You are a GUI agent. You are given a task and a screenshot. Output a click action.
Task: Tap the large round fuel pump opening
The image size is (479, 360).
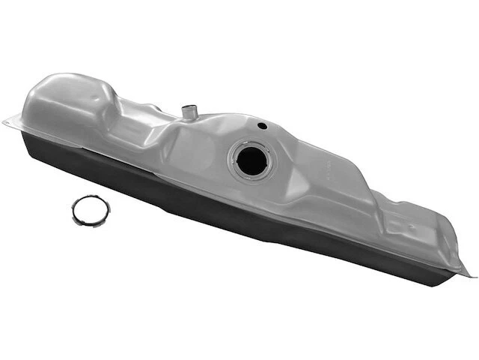[251, 160]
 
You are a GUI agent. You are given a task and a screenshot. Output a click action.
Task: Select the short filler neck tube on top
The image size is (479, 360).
[189, 112]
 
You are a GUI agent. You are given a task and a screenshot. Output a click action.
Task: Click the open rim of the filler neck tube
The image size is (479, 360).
[189, 108]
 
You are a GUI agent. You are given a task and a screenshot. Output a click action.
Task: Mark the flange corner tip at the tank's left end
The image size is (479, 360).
[4, 118]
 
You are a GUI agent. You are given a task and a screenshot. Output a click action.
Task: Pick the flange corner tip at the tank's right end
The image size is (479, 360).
[473, 275]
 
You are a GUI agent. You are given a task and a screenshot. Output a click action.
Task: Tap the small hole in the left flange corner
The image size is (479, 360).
[13, 121]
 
